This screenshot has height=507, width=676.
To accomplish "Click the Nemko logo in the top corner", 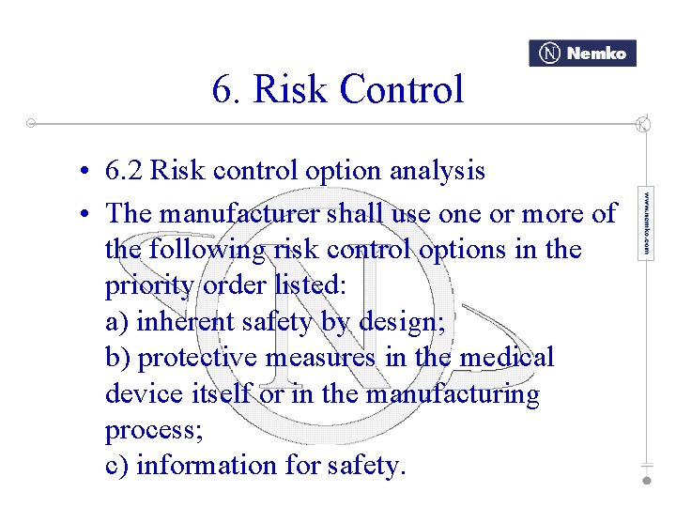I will click(582, 54).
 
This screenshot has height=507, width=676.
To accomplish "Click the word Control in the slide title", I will click(402, 90).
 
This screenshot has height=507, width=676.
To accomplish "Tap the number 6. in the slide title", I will click(226, 90).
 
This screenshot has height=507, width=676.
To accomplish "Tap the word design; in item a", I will click(402, 322).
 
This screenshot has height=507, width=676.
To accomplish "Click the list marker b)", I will click(118, 358).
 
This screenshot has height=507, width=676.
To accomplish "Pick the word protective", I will click(199, 358).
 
